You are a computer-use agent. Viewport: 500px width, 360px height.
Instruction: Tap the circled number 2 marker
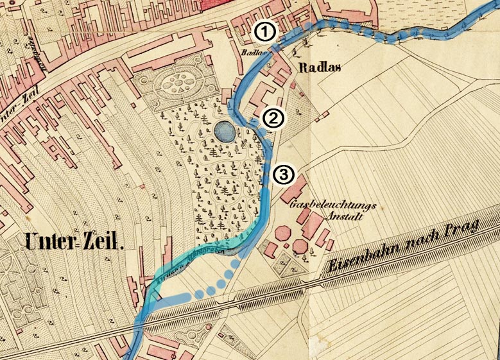pyautogui.click(x=273, y=118)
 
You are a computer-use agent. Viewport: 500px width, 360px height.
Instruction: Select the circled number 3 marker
pyautogui.click(x=283, y=174)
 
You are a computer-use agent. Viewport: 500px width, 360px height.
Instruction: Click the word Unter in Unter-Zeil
pyautogui.click(x=49, y=241)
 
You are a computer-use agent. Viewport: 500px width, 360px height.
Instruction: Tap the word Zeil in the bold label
pyautogui.click(x=102, y=241)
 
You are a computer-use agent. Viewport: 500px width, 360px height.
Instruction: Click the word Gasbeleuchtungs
pyautogui.click(x=332, y=207)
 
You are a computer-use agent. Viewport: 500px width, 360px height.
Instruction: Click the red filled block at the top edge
pyautogui.click(x=221, y=4)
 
